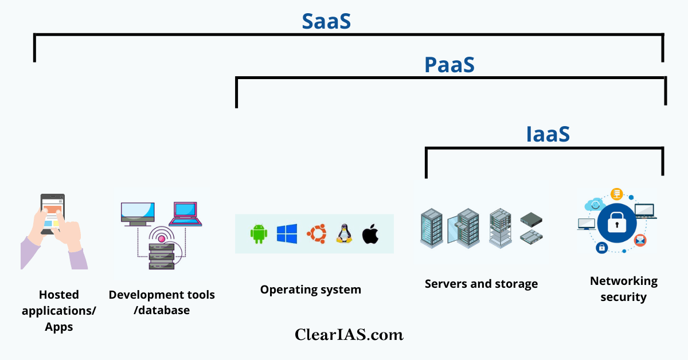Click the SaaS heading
pos(326,21)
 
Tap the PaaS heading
pos(449,65)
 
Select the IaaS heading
pos(548,134)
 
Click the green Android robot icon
pos(259,234)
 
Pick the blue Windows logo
pos(287,233)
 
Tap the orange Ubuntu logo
pos(316,233)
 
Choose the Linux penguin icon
pos(343,234)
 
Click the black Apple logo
pos(370,234)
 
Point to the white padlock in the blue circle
pos(616,224)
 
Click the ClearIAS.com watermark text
pos(349,334)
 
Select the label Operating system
pos(310,289)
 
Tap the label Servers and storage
pos(481,284)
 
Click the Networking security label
pos(623,289)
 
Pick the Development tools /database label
pos(162,303)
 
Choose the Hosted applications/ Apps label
pos(59,311)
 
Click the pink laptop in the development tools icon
pos(185,214)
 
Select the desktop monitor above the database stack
pos(138,213)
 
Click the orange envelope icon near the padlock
pos(640,240)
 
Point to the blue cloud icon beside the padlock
pos(593,204)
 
